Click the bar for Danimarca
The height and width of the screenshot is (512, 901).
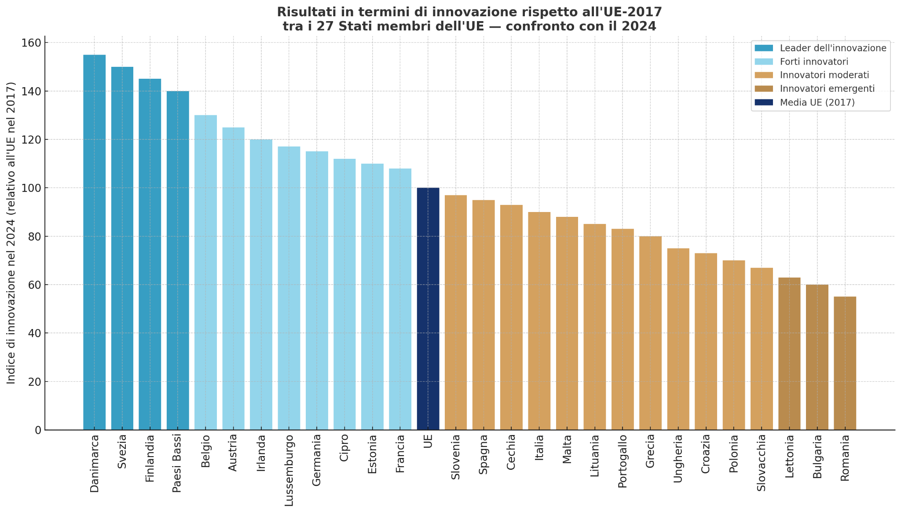pyautogui.click(x=94, y=242)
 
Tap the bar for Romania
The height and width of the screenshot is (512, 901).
pyautogui.click(x=845, y=363)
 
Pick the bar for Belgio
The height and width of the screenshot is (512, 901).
pyautogui.click(x=205, y=273)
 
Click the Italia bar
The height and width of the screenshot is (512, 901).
pyautogui.click(x=539, y=321)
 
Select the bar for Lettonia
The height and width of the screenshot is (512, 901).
pyautogui.click(x=789, y=354)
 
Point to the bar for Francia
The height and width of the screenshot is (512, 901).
pyautogui.click(x=400, y=299)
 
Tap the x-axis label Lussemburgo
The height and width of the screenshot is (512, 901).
pyautogui.click(x=289, y=470)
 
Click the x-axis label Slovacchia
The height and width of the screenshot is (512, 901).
pyautogui.click(x=762, y=463)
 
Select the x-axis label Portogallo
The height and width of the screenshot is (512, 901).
pyautogui.click(x=622, y=461)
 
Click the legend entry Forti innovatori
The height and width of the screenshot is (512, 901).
pyautogui.click(x=813, y=62)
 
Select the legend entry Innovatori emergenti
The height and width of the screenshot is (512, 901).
pyautogui.click(x=827, y=89)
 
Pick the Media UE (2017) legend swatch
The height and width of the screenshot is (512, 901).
pyautogui.click(x=763, y=102)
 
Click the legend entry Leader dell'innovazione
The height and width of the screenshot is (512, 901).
pyautogui.click(x=832, y=48)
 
